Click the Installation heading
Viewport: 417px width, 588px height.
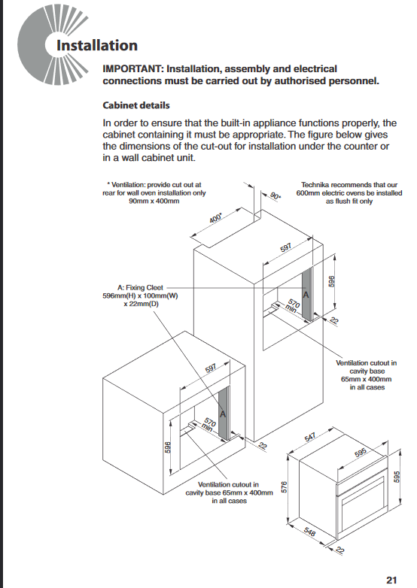tap(97, 45)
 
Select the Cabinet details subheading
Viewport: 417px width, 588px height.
tap(136, 105)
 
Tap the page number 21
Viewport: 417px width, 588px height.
tap(391, 580)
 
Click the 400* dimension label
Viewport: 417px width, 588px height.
tap(215, 218)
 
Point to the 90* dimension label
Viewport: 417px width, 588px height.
tap(275, 195)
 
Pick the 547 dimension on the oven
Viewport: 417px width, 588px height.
tap(310, 438)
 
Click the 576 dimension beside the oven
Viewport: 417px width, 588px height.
tap(284, 487)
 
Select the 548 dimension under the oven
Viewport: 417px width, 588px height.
tap(309, 532)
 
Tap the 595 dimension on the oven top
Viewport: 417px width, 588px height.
tap(361, 453)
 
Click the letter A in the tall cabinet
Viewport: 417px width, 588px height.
tap(306, 295)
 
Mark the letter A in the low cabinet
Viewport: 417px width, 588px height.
tap(223, 414)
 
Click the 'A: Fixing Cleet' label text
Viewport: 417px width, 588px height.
tap(140, 288)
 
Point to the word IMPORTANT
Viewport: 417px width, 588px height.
tap(132, 69)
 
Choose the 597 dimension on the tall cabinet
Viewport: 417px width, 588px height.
tap(285, 248)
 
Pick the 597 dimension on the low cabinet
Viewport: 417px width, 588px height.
tap(211, 368)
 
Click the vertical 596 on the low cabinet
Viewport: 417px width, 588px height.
tap(168, 447)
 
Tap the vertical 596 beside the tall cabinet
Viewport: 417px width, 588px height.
tap(331, 281)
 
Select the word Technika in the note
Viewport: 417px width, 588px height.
tap(315, 185)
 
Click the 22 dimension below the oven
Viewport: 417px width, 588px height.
tap(339, 550)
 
